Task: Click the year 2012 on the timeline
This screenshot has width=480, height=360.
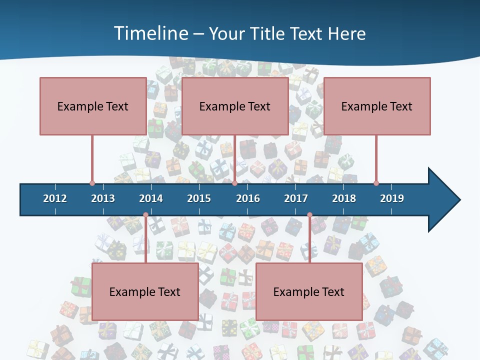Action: click(55, 198)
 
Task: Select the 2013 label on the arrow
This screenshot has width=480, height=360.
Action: click(103, 198)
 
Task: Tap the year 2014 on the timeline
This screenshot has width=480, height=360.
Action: click(151, 198)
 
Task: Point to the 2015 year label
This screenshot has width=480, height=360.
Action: click(199, 198)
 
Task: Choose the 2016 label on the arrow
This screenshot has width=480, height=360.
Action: click(248, 198)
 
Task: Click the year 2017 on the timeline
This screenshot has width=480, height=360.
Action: click(296, 198)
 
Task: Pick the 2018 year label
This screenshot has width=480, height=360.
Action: click(344, 198)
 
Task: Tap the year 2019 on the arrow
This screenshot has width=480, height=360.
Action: click(392, 198)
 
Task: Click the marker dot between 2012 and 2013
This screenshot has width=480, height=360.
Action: click(92, 183)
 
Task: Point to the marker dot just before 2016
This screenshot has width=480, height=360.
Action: click(234, 183)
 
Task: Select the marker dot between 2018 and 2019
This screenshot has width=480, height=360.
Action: click(376, 183)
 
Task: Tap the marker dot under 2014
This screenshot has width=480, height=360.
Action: click(145, 215)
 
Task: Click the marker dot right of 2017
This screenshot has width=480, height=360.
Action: click(309, 215)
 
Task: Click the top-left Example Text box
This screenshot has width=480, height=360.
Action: click(93, 106)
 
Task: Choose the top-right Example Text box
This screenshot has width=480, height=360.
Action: click(377, 106)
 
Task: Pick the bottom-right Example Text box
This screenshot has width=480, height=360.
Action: click(309, 291)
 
